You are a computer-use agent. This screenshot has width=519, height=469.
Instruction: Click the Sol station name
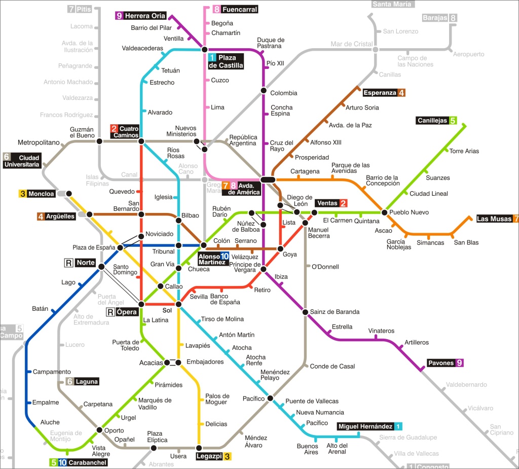[x=167, y=310]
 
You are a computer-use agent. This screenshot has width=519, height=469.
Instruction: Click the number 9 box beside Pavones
[x=459, y=363]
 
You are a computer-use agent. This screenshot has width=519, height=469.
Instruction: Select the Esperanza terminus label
[x=380, y=93]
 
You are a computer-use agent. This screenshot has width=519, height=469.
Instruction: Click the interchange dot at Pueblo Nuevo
[x=385, y=212]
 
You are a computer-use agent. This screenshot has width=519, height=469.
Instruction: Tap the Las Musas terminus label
[x=494, y=219]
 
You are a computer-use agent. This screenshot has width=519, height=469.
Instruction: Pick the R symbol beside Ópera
[x=109, y=312]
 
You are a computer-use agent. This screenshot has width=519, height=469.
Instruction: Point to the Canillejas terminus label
[x=432, y=121]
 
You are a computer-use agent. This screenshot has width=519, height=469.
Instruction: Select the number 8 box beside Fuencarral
[x=216, y=9]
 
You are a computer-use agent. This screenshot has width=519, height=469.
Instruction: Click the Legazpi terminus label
[x=209, y=456]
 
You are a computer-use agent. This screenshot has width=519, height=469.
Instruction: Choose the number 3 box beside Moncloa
[x=22, y=194]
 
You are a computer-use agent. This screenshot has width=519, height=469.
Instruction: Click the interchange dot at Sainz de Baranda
[x=305, y=312]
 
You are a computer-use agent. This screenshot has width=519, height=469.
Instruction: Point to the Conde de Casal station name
[x=332, y=366]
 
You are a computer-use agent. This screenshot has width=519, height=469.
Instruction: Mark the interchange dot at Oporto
[x=99, y=430]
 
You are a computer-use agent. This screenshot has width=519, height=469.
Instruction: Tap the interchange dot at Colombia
[x=263, y=91]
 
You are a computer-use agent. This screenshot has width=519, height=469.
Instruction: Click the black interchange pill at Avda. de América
[x=268, y=179]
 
